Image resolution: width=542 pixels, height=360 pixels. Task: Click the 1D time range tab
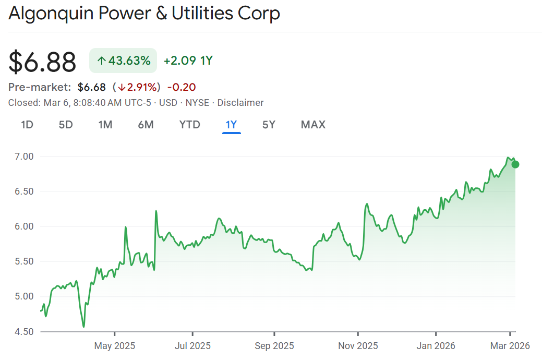tap(27, 125)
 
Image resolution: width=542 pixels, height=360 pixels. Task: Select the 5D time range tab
tap(66, 125)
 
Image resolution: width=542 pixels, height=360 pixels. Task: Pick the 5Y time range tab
tap(269, 125)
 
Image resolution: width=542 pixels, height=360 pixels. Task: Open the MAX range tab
tap(313, 125)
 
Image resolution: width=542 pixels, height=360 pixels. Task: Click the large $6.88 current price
tap(42, 62)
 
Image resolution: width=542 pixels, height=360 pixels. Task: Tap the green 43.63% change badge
tap(123, 61)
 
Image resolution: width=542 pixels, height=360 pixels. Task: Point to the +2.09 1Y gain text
tap(188, 61)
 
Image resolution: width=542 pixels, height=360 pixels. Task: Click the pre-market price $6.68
tap(92, 87)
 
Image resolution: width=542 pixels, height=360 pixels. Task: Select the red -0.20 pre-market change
tap(182, 87)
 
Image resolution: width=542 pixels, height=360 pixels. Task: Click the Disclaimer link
tap(240, 103)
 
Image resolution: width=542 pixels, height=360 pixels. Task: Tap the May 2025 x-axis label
tap(115, 345)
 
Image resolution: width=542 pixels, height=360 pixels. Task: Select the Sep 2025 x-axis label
tap(274, 345)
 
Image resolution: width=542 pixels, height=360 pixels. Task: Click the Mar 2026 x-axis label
tap(510, 345)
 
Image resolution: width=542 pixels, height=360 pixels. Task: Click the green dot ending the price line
tap(515, 164)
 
